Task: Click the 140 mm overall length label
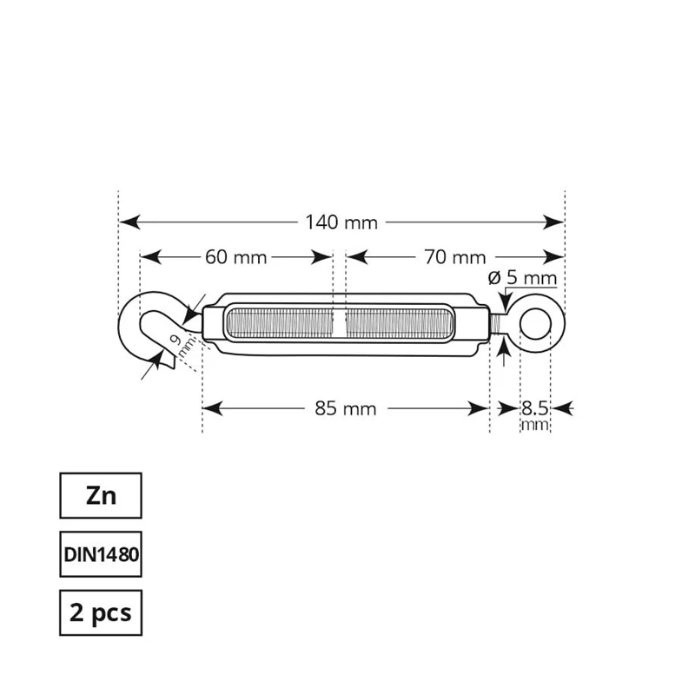[x=341, y=222]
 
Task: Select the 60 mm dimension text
[x=235, y=257]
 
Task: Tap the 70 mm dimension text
[x=454, y=257]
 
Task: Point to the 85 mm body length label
[x=345, y=408]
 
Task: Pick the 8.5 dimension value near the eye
[x=533, y=407]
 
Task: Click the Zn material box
[x=101, y=495]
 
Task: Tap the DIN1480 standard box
[x=101, y=553]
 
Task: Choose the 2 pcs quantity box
[x=101, y=612]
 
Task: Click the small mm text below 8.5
[x=534, y=425]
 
